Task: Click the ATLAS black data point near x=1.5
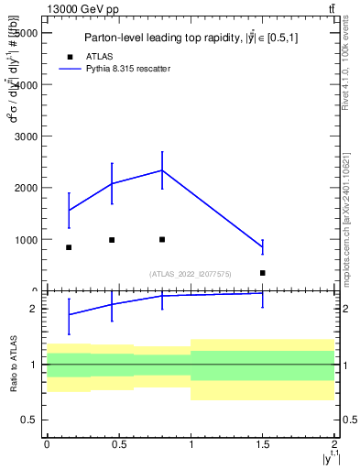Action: pos(262,273)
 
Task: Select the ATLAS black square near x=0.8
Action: pos(162,239)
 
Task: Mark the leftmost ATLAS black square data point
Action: pos(69,247)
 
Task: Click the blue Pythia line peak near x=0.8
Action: pos(162,170)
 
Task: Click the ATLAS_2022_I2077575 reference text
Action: pos(191,273)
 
